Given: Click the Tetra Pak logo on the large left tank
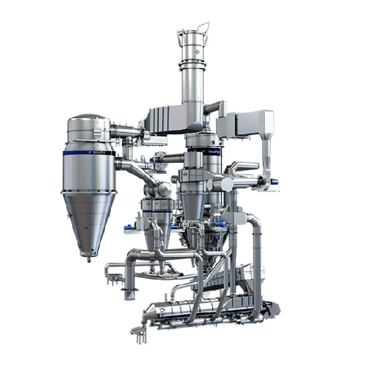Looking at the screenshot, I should [97, 153].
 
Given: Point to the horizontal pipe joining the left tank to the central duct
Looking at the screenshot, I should [126, 131].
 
